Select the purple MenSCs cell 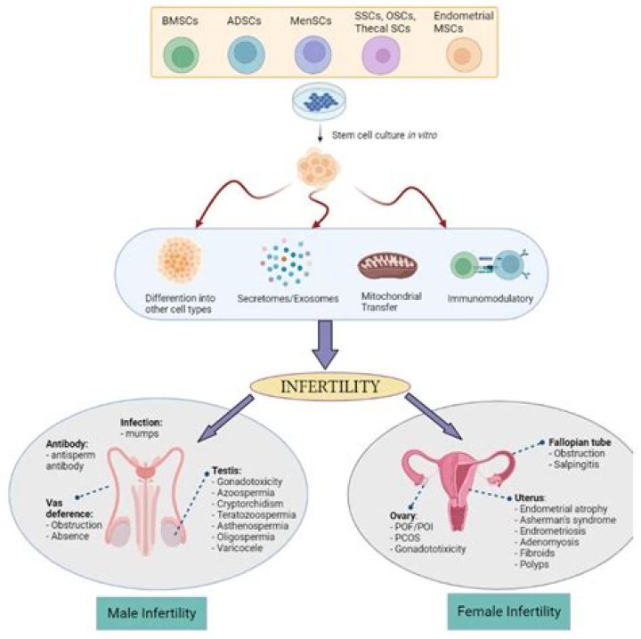pyautogui.click(x=312, y=54)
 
